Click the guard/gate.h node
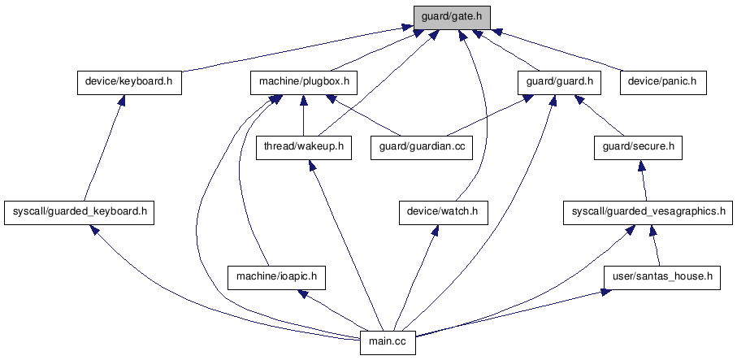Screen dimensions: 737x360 452,18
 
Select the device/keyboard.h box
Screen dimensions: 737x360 129,83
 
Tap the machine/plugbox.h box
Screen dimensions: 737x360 304,83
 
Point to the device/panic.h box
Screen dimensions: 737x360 663,83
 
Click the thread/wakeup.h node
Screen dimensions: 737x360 304,148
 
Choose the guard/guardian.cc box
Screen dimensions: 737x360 422,148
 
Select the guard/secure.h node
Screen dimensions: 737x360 638,148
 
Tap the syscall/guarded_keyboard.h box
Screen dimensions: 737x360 80,212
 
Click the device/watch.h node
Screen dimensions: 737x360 443,212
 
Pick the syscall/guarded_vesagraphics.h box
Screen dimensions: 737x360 648,212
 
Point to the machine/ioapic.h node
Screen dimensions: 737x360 276,277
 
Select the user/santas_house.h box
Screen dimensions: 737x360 662,277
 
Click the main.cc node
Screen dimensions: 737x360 388,342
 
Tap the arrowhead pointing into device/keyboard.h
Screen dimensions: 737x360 121,100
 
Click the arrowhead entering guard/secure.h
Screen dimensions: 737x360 640,165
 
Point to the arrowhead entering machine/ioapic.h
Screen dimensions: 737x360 303,293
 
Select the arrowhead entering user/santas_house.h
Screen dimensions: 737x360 605,293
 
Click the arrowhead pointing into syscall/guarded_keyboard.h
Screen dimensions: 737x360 94,229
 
